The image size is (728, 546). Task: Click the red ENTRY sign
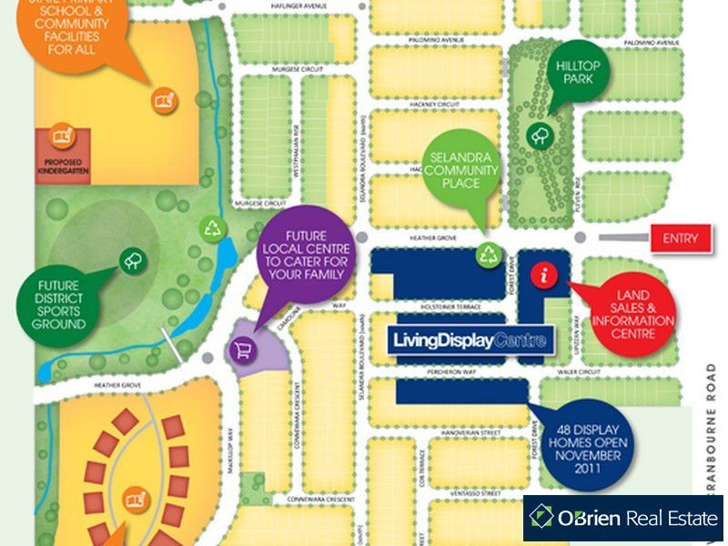(680, 238)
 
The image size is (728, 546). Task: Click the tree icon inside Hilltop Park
(540, 136)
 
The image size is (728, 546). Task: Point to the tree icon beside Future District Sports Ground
(130, 261)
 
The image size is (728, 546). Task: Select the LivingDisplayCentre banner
(470, 341)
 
